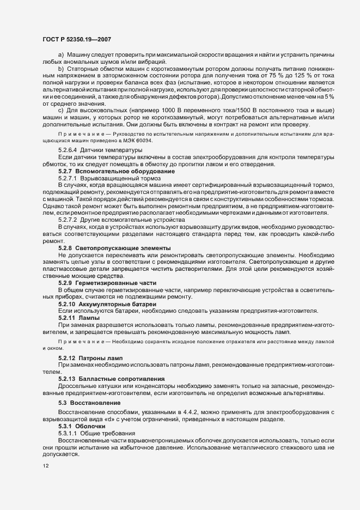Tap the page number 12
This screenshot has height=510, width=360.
45,466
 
